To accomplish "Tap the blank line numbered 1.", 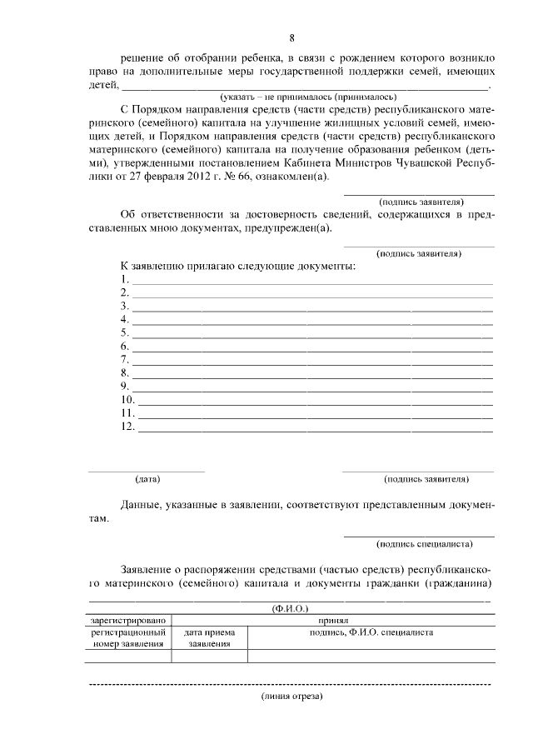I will [x=312, y=279].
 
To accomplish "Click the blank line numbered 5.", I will [x=312, y=332].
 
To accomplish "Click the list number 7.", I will [x=124, y=359].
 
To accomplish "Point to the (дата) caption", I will [x=147, y=479].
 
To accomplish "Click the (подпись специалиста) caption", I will [x=425, y=544].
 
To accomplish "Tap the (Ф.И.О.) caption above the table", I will [x=291, y=609].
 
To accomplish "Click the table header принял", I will [x=371, y=621].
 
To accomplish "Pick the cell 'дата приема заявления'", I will [x=209, y=638].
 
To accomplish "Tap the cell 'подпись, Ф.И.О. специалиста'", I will [x=371, y=632].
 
